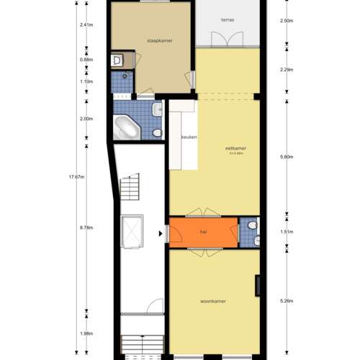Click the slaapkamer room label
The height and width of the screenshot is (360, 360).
159,40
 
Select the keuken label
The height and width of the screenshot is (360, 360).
189,137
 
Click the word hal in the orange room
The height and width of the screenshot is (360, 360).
204,232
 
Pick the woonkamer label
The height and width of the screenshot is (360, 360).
214,301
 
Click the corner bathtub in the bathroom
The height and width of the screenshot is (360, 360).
130,127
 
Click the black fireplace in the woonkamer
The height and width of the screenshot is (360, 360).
257,286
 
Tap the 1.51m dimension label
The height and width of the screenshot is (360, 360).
287,233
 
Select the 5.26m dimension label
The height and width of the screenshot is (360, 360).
287,302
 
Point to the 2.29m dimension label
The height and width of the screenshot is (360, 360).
287,70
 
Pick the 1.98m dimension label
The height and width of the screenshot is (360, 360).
87,333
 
